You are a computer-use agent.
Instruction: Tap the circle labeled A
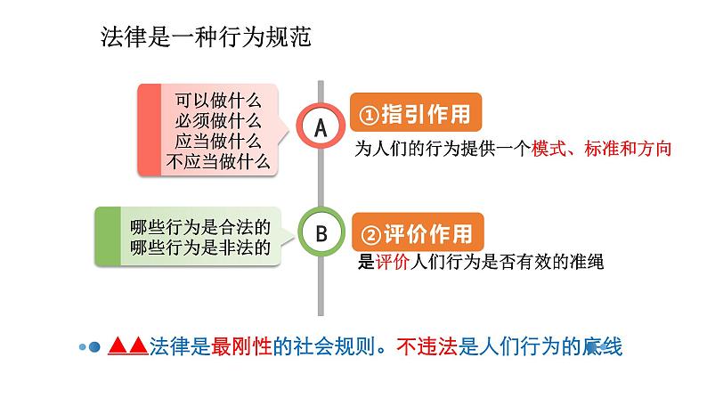pos(321,127)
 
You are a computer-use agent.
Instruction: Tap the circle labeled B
pos(321,233)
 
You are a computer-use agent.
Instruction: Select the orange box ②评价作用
pos(419,234)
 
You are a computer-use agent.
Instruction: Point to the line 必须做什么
pos(217,121)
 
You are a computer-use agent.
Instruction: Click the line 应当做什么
pos(217,142)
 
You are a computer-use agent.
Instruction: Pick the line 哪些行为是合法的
pos(199,226)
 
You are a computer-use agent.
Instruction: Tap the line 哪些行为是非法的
pos(199,247)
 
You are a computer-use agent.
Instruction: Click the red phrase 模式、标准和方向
pos(601,150)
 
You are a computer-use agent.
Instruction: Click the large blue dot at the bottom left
pos(94,347)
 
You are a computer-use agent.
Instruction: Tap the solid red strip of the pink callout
pos(148,130)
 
